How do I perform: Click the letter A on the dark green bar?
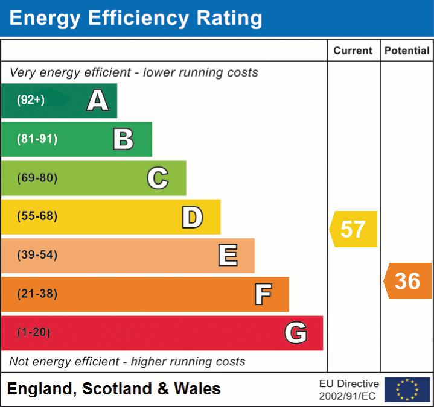(x=98, y=100)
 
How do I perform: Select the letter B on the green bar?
(x=123, y=139)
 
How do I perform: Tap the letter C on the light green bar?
(x=158, y=178)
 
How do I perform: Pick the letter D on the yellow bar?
(x=193, y=217)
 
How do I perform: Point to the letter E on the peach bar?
(x=228, y=255)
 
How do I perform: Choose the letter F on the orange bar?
(x=263, y=294)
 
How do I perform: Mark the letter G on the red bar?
(x=296, y=333)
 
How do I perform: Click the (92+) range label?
(x=31, y=100)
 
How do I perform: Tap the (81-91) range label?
(x=37, y=139)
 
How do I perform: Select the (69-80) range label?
(x=37, y=178)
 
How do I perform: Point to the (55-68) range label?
(x=37, y=216)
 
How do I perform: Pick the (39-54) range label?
(x=37, y=255)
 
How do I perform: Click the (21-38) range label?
(x=37, y=294)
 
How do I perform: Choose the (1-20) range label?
(x=34, y=332)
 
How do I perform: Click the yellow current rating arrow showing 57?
(x=354, y=229)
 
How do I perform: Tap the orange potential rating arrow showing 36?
(x=408, y=281)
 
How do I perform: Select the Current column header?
(x=354, y=51)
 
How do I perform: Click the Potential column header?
(x=407, y=51)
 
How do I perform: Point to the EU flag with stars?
(x=407, y=390)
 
